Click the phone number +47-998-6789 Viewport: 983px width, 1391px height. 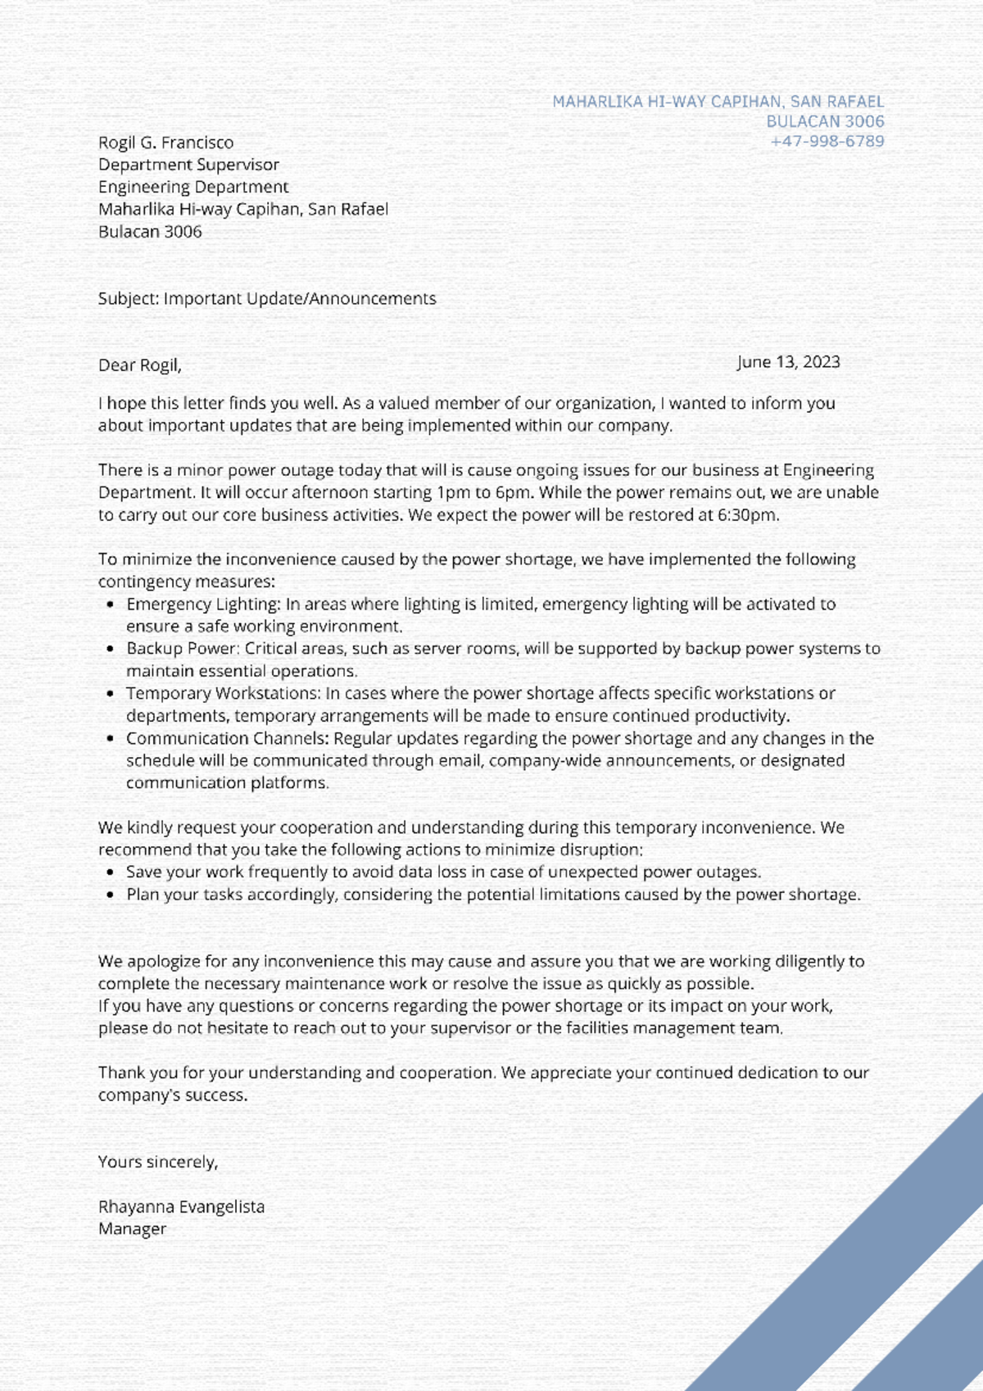click(827, 141)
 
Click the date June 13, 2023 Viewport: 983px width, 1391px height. click(788, 362)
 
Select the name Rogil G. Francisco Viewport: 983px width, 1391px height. click(165, 143)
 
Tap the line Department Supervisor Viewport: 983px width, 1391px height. click(188, 165)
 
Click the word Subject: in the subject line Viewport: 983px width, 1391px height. click(129, 299)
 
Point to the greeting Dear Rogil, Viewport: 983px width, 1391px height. click(139, 365)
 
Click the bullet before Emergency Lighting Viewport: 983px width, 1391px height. click(111, 605)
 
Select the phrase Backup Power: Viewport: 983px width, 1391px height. click(183, 649)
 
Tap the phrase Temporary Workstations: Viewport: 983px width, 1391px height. click(223, 694)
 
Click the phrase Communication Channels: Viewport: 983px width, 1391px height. click(227, 738)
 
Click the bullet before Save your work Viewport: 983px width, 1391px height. click(111, 872)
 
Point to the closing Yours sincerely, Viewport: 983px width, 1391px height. click(157, 1162)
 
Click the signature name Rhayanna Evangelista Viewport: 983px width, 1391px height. click(181, 1207)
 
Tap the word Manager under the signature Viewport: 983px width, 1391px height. click(132, 1229)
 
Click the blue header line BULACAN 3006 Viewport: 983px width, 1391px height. click(825, 121)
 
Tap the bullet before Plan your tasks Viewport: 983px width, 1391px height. click(111, 895)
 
